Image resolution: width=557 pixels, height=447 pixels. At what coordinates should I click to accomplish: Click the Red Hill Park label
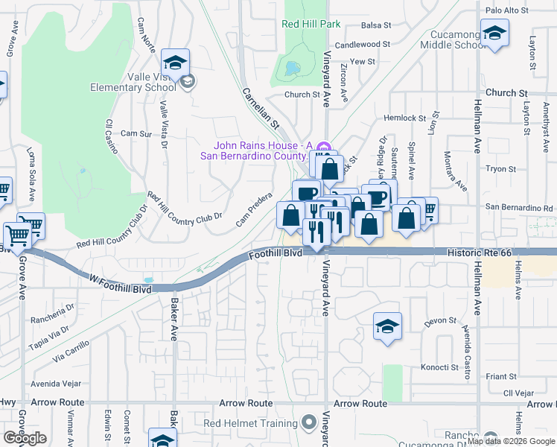pyautogui.click(x=311, y=24)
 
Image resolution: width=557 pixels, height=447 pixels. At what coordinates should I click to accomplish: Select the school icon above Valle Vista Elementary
pyautogui.click(x=175, y=63)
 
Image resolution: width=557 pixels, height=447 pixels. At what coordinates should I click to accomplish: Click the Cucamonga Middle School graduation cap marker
pyautogui.click(x=494, y=33)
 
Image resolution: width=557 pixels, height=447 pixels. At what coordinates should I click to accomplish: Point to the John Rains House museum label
pyautogui.click(x=261, y=150)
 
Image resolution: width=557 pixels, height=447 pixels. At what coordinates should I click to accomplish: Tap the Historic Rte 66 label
pyautogui.click(x=480, y=253)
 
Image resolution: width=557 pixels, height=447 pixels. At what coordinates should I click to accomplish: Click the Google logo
pyautogui.click(x=25, y=437)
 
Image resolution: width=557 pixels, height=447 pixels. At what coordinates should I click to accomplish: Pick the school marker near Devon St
pyautogui.click(x=387, y=326)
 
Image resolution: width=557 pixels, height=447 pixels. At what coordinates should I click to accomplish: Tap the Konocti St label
pyautogui.click(x=439, y=367)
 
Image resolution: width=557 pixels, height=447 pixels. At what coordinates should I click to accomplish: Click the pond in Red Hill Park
pyautogui.click(x=290, y=69)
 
